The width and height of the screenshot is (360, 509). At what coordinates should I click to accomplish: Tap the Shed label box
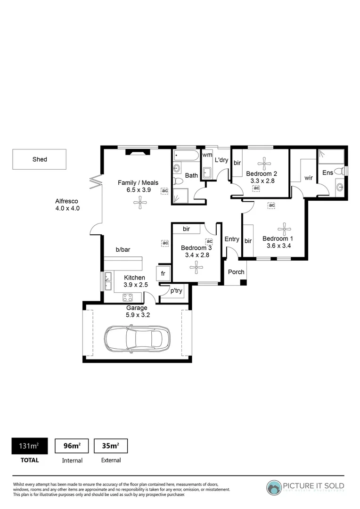click(x=40, y=159)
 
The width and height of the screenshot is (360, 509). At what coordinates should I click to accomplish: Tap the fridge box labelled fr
click(x=163, y=273)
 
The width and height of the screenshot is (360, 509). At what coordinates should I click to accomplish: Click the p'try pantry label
click(x=176, y=291)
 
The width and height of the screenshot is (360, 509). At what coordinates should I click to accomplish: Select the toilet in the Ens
click(x=338, y=171)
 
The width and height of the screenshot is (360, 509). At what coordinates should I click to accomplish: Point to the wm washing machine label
click(x=207, y=155)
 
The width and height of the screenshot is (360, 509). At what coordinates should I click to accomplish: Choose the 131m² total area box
click(x=29, y=446)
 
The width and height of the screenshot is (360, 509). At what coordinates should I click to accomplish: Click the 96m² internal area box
click(x=72, y=446)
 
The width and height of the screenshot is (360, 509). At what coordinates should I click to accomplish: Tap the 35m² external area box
click(x=111, y=446)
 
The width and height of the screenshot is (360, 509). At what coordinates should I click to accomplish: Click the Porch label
click(x=236, y=272)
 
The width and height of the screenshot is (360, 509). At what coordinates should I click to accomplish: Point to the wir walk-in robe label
click(x=309, y=178)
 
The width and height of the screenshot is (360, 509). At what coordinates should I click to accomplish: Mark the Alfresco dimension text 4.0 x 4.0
click(x=67, y=208)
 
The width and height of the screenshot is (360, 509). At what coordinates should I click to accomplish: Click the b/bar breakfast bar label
click(x=123, y=250)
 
